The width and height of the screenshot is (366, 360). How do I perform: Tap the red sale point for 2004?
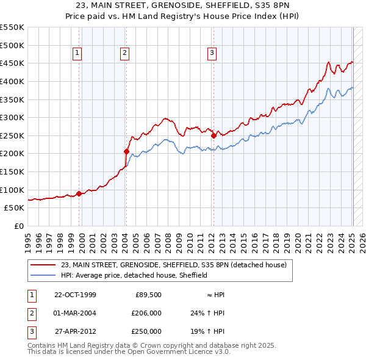pyautogui.click(x=126, y=151)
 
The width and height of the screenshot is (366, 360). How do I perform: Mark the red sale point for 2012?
pyautogui.click(x=214, y=136)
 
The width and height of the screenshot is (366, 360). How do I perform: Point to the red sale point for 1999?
pyautogui.click(x=79, y=193)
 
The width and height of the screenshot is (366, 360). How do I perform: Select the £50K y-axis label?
pyautogui.click(x=15, y=208)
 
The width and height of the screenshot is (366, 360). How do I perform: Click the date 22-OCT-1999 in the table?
pyautogui.click(x=75, y=295)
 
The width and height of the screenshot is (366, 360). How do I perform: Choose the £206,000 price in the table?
pyautogui.click(x=146, y=313)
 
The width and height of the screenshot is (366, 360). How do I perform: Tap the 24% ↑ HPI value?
pyautogui.click(x=207, y=313)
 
